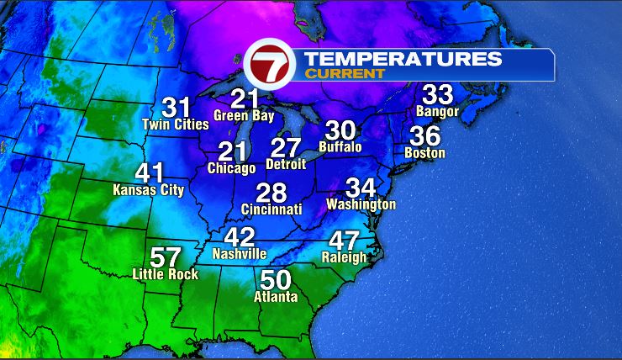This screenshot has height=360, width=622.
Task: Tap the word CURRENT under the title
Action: point(345,74)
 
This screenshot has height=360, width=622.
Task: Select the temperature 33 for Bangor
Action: point(438,94)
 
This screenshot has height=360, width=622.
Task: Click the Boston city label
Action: point(424,153)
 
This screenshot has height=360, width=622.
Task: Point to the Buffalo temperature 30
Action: point(340,130)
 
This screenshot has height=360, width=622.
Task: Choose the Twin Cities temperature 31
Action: point(177,108)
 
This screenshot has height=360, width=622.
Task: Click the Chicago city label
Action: point(231,168)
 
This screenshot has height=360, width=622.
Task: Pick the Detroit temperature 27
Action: point(286,147)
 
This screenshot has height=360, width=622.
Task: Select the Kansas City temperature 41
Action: point(150,173)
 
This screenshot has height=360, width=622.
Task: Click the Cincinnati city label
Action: point(271,208)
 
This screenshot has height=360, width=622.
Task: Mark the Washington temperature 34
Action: point(361,188)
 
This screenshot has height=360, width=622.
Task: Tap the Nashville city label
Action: point(240,253)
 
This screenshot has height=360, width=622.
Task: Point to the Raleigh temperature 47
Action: point(345,241)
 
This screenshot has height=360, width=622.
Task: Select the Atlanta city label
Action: point(277,297)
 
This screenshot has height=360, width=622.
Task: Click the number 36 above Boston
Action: point(424,135)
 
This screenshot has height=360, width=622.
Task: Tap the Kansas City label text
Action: point(148,191)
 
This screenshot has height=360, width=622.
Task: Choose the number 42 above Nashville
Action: point(240,236)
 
